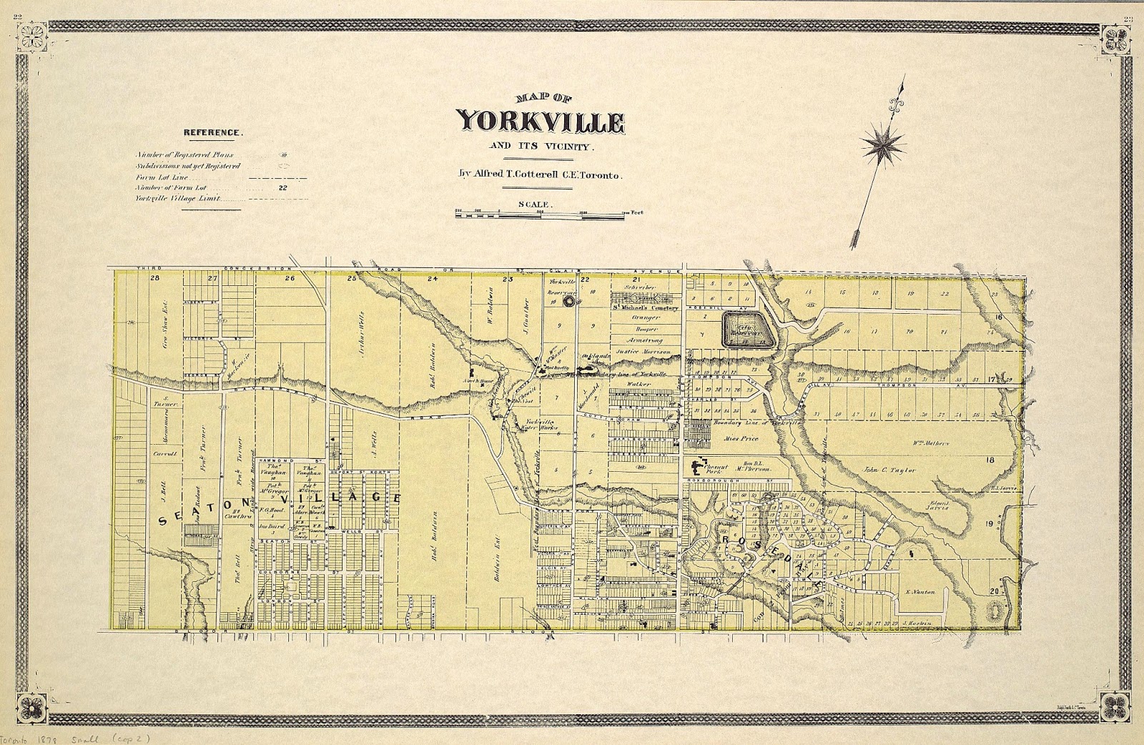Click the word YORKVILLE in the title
[x=541, y=122]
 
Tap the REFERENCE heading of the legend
[x=213, y=132]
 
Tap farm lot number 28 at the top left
[x=154, y=278]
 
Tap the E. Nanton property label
[x=920, y=592]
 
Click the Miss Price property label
[x=740, y=438]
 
